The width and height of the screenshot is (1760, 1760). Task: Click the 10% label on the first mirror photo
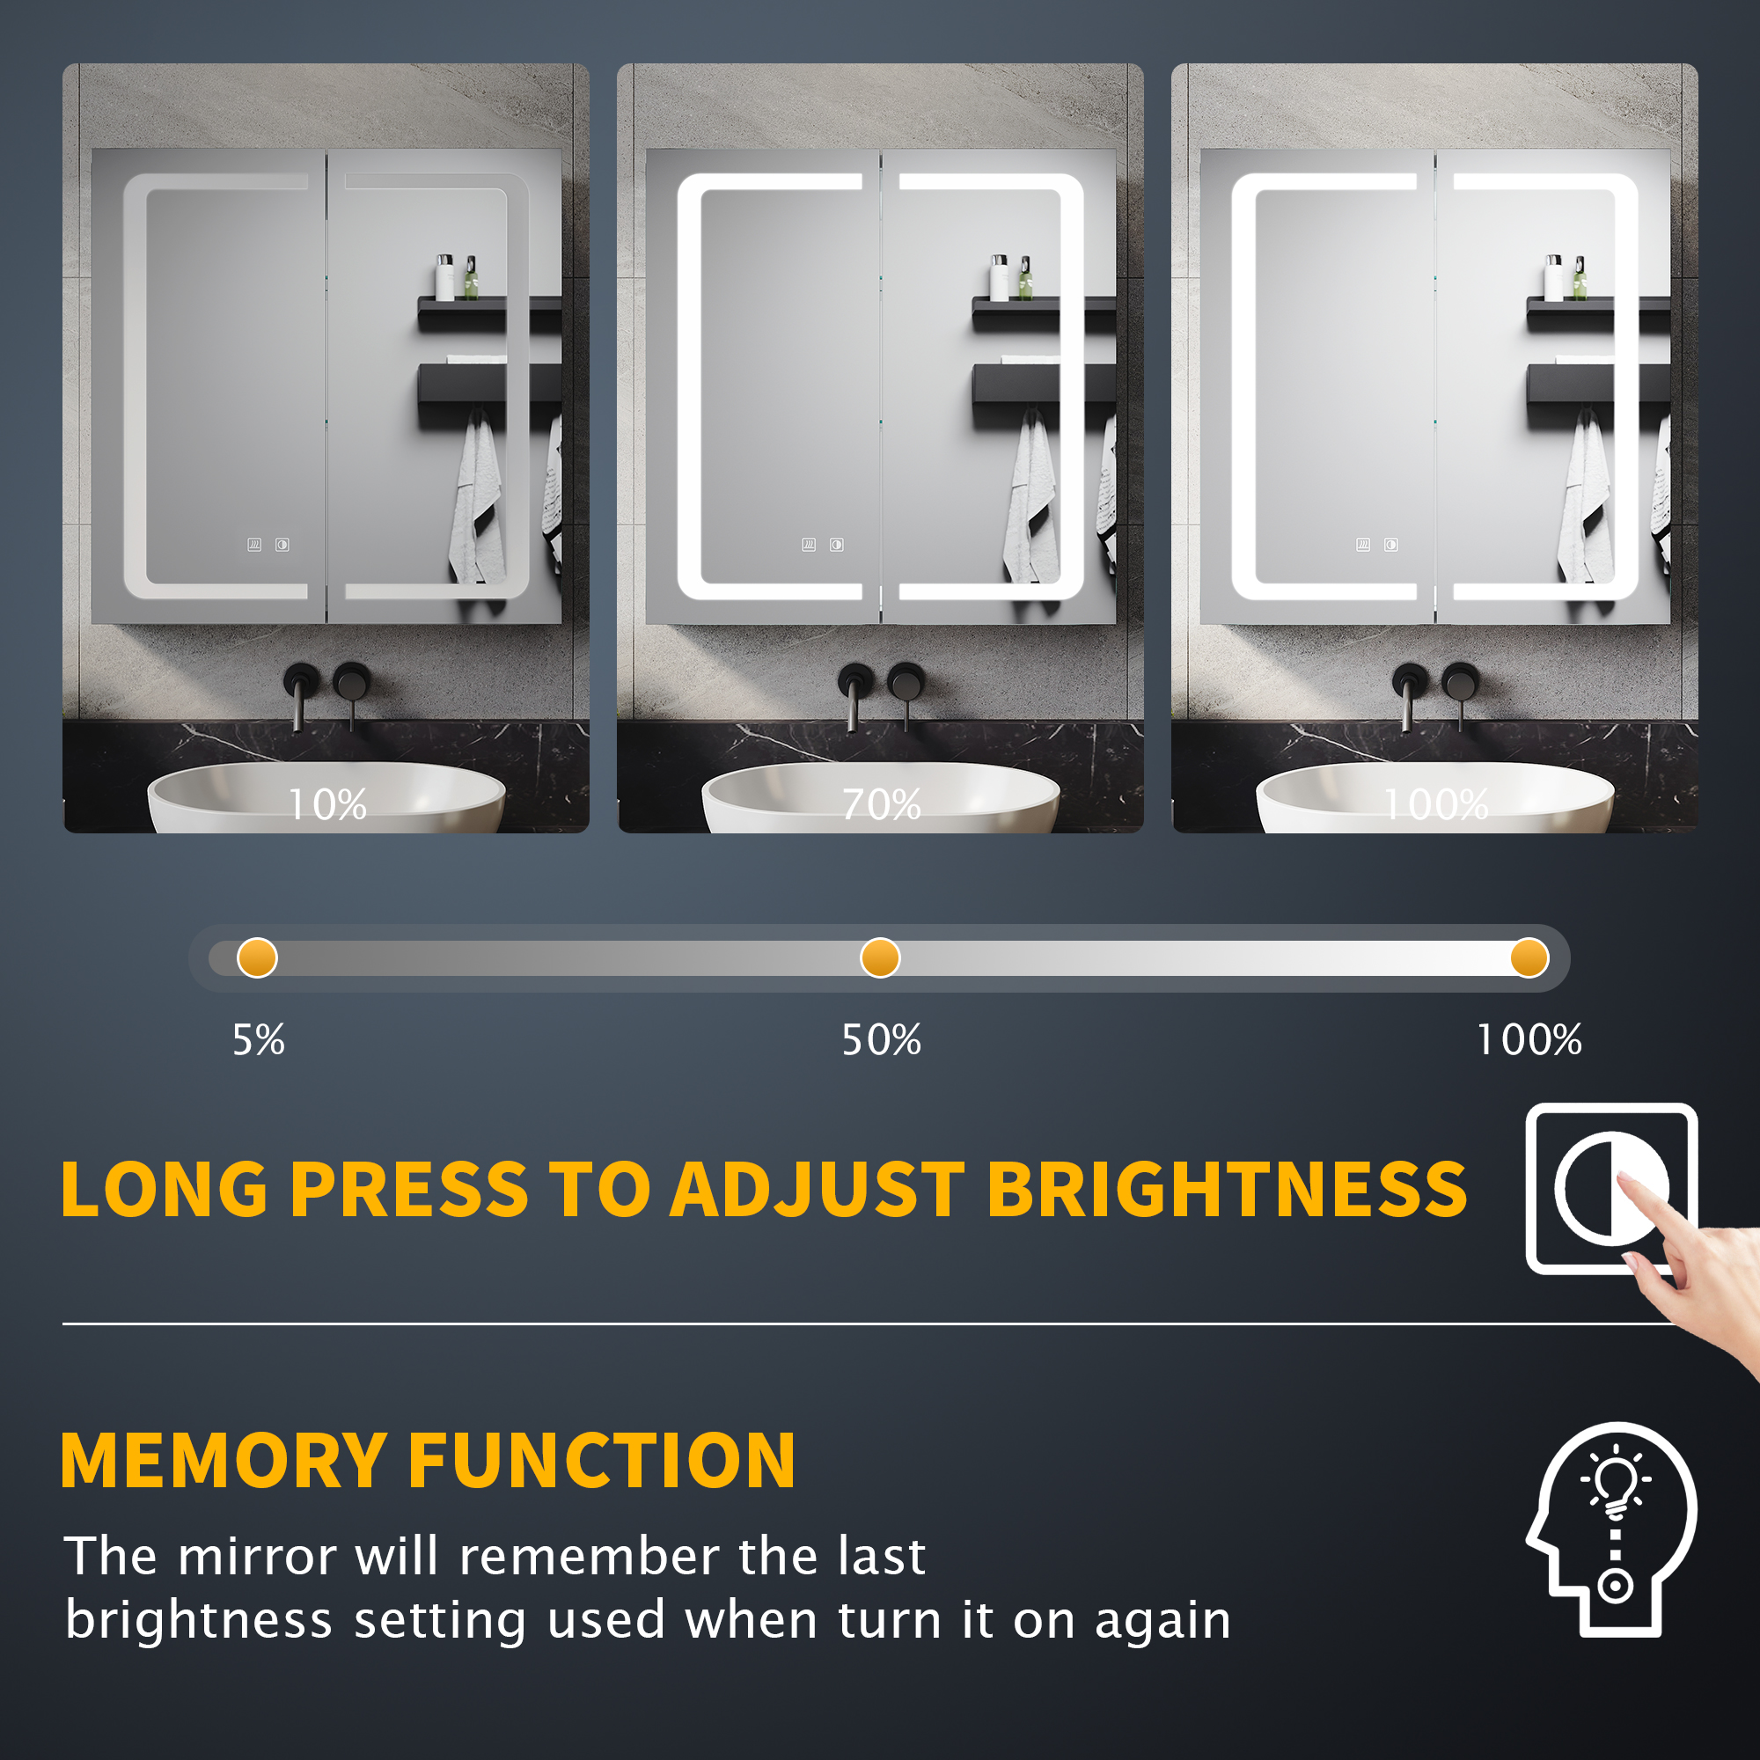point(327,804)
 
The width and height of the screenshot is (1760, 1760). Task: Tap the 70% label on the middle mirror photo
point(881,804)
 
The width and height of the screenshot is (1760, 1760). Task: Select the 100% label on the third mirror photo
point(1437,804)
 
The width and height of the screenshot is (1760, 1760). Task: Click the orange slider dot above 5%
point(257,958)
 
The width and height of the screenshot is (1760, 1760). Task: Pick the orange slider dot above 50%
point(880,958)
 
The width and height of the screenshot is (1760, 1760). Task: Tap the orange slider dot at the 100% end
point(1529,958)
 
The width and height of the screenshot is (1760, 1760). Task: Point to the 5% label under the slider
point(259,1039)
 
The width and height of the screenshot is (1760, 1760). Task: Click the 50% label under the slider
point(881,1039)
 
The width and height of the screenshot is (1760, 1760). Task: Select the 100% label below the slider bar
point(1529,1039)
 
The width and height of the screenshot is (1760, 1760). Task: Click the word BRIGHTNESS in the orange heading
point(1227,1189)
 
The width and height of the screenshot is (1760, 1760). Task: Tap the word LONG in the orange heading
point(164,1189)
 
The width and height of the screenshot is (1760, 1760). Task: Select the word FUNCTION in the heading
point(602,1460)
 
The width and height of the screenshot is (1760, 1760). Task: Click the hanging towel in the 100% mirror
point(1586,499)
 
